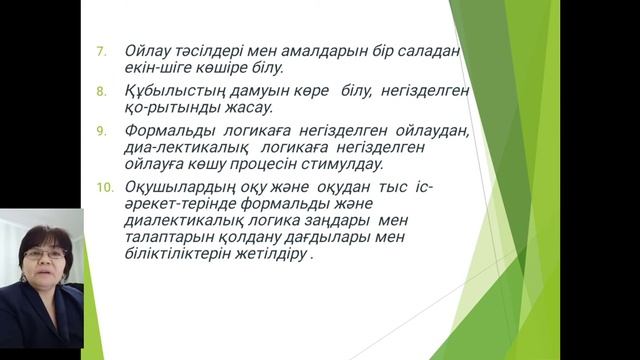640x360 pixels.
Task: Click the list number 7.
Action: tap(101, 52)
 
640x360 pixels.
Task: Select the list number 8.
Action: tap(101, 91)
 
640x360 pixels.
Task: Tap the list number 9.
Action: tap(101, 131)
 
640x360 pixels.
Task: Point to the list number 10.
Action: tap(104, 187)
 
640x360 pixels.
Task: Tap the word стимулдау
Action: tap(342, 164)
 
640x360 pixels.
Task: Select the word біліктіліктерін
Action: tap(178, 254)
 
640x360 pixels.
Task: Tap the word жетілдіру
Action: tap(271, 254)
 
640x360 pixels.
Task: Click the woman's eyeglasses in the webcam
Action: tap(45, 254)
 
